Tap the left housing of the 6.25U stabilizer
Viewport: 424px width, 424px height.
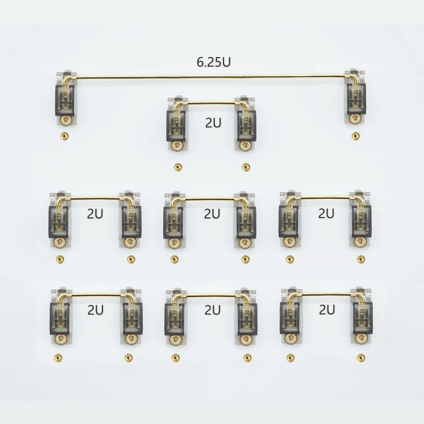[65, 98]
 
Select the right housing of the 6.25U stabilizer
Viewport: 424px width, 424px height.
[355, 98]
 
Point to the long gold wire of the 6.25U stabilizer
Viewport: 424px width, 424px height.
[212, 77]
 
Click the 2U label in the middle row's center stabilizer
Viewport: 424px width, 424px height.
[212, 214]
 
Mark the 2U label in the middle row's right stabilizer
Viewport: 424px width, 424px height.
[326, 214]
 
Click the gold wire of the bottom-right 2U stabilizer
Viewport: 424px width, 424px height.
[324, 294]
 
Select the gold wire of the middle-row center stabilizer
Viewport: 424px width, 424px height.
[211, 199]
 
